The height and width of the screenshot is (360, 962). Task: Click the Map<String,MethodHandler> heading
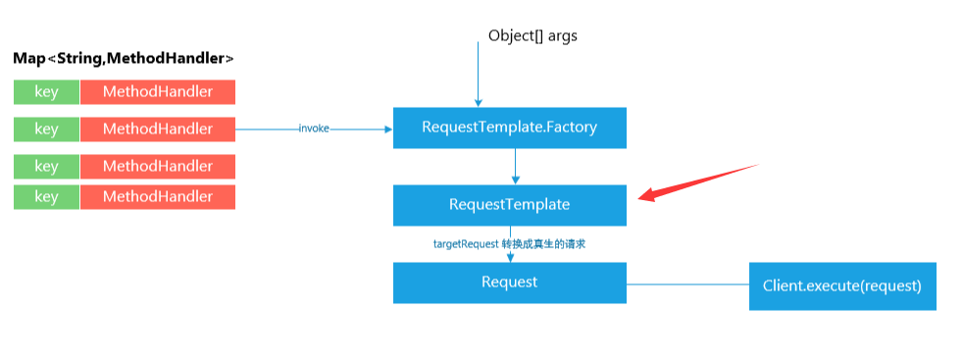124,59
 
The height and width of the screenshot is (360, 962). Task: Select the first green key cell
46,92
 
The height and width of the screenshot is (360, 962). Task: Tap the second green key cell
46,129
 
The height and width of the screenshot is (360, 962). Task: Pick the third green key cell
46,166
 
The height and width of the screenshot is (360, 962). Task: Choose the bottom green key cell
46,196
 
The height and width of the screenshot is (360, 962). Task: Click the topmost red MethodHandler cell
157,92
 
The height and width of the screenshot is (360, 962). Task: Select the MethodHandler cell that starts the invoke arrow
157,129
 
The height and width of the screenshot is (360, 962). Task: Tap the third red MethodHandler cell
157,166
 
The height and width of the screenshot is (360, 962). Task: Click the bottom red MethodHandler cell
157,196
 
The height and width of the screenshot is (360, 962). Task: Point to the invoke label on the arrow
314,129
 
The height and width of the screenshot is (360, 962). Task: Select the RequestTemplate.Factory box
509,128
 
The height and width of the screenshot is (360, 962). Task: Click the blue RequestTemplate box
509,205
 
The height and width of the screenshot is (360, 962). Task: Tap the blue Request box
509,283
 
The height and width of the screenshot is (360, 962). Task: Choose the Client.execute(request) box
841,286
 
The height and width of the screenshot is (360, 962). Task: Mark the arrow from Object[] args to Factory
479,74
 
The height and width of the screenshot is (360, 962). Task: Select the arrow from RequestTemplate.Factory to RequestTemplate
515,167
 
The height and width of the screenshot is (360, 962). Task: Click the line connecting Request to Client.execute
686,285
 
